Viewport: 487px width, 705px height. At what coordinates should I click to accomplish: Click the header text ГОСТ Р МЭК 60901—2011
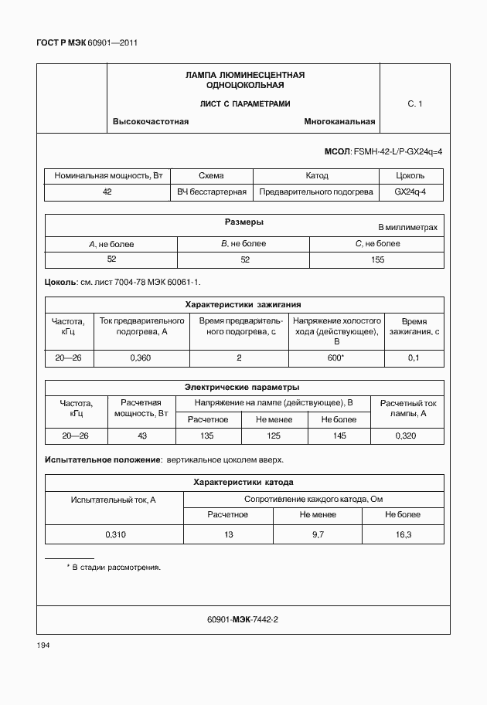[87, 43]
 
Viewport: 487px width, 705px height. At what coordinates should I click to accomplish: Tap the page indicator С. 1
[415, 103]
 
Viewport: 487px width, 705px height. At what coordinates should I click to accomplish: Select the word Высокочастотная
[151, 122]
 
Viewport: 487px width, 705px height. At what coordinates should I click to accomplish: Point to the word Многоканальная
[339, 122]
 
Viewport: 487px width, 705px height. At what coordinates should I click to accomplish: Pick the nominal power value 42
[107, 192]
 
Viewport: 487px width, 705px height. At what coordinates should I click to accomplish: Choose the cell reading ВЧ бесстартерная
[212, 192]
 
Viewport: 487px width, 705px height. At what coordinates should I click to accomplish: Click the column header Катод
[316, 176]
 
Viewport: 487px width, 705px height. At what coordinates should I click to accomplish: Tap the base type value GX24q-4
[410, 192]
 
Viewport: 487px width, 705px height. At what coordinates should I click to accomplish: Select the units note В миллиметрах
[407, 228]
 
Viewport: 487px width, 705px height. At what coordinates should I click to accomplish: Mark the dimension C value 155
[377, 259]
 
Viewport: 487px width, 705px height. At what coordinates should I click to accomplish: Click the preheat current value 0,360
[141, 358]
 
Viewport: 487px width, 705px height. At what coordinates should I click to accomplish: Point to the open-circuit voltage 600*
[335, 358]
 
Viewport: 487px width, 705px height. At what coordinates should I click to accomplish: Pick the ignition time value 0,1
[414, 358]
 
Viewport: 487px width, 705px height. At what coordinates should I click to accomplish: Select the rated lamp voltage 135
[207, 436]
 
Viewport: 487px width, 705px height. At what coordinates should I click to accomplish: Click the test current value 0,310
[114, 534]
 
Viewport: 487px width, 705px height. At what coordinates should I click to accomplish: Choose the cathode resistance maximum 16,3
[404, 534]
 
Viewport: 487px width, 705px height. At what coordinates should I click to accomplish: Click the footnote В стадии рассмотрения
[117, 568]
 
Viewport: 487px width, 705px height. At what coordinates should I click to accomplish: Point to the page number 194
[43, 645]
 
